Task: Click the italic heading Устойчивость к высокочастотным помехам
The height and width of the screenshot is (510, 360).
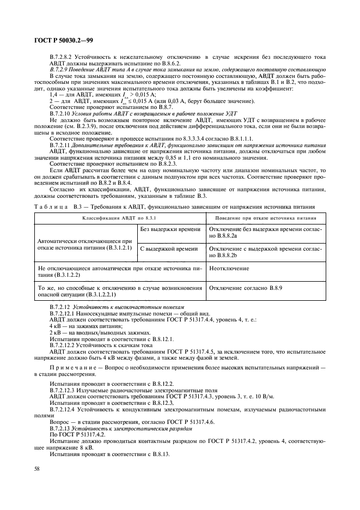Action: [x=133, y=307]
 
